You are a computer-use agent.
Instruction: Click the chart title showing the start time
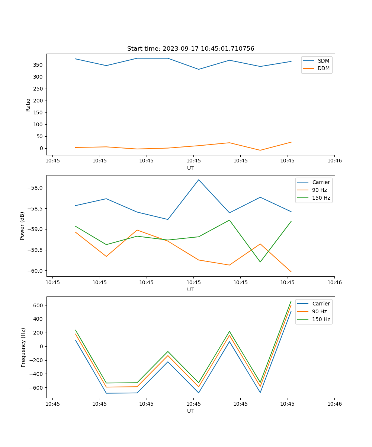[x=190, y=49]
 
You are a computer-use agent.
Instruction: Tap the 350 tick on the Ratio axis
[x=38, y=65]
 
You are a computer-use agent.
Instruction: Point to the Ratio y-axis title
[x=28, y=105]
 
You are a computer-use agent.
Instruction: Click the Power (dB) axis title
[x=22, y=226]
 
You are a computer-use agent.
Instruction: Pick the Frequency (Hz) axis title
[x=23, y=347]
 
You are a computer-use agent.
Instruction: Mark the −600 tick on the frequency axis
[x=37, y=388]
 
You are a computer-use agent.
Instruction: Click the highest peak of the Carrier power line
[x=199, y=180]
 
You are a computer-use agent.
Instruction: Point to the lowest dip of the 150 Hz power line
[x=260, y=262]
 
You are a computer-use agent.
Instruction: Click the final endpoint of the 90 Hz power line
[x=291, y=272]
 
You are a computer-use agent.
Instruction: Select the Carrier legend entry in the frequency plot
[x=321, y=304]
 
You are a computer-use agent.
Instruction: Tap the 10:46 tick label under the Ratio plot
[x=334, y=161]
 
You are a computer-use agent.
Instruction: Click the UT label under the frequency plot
[x=190, y=411]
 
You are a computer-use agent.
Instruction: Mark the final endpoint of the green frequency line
[x=291, y=301]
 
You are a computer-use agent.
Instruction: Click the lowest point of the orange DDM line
[x=260, y=150]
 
